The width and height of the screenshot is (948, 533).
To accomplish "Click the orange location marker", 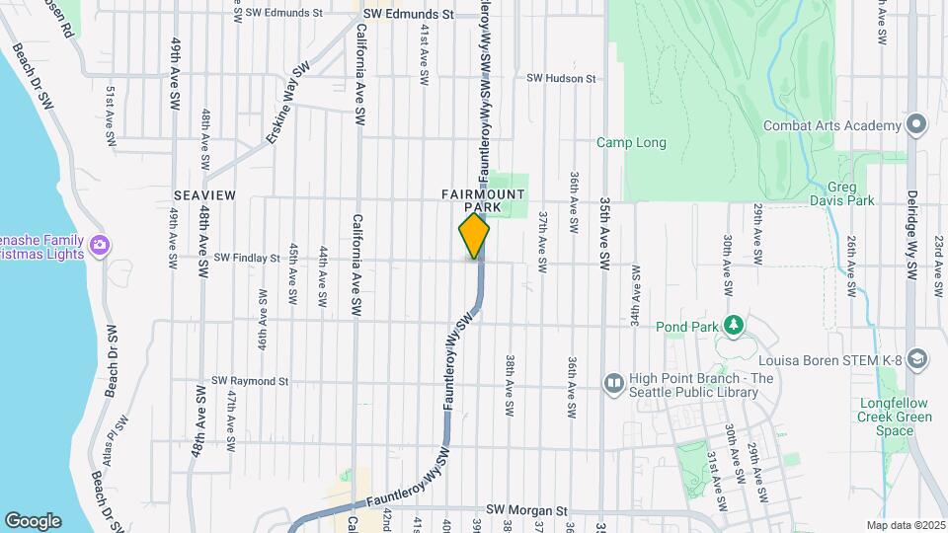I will coord(475,236).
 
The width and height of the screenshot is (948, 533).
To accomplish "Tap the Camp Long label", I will coord(631,143).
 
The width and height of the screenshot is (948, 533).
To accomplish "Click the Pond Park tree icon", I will coord(733,325).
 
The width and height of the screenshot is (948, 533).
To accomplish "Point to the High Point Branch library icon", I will coord(613,381).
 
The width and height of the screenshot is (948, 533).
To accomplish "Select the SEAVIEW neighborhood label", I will coord(204,195).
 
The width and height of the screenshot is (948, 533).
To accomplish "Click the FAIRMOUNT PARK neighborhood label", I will coord(483,201).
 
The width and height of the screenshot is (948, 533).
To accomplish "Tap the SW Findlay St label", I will coord(247,259).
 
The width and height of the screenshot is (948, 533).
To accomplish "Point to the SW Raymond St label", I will coord(250,381).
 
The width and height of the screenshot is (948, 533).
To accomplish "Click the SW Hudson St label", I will coord(561,78).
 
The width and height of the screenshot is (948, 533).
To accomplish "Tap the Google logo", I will coord(33,521).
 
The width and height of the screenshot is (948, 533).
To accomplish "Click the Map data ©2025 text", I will coord(905,525).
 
